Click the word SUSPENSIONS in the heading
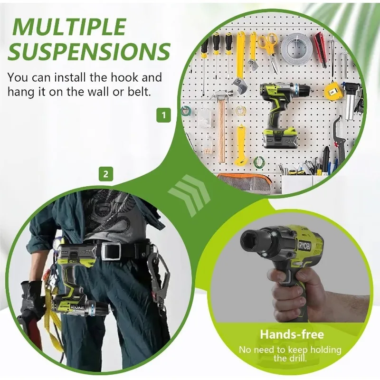tap(89, 51)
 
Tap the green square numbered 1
tap(164, 115)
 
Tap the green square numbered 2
tap(105, 174)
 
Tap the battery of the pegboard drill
tap(282, 137)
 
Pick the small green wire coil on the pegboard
tap(259, 162)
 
